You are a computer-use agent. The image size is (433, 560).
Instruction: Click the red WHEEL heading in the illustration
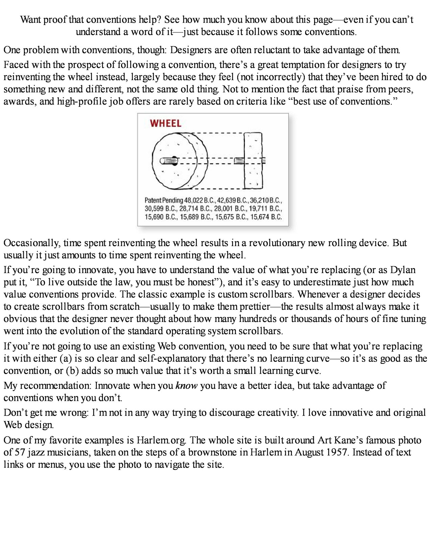point(165,123)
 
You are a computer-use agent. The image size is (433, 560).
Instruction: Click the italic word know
point(186,386)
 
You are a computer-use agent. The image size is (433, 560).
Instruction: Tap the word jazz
point(35,452)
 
